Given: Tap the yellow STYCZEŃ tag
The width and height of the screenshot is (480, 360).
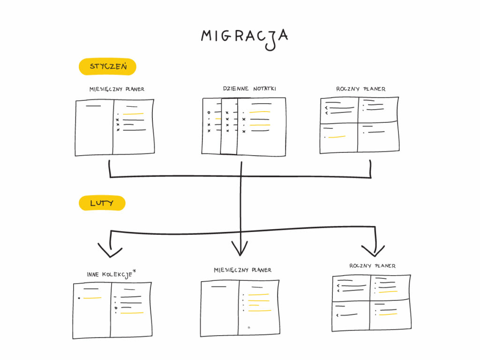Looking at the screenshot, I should point(107,67).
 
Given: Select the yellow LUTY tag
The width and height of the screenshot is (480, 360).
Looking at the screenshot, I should point(102,203).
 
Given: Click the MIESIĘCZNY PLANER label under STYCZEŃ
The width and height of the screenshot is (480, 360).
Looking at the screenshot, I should point(117,89).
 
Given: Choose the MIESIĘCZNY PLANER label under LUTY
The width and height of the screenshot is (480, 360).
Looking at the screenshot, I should point(242,270).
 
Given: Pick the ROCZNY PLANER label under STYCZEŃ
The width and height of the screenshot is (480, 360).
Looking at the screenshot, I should point(360,89).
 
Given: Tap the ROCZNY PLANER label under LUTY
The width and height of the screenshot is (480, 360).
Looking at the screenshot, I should point(372,266).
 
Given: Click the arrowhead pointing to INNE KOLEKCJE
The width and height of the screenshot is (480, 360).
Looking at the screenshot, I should point(110,251).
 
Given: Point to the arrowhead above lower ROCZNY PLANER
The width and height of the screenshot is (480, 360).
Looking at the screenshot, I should point(373,250).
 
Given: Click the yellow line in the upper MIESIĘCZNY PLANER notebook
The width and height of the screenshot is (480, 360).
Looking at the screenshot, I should point(133,114).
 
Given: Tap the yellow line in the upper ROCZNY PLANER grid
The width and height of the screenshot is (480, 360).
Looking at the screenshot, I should point(337,137).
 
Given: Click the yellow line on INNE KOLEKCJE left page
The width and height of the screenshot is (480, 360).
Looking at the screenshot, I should point(92,298).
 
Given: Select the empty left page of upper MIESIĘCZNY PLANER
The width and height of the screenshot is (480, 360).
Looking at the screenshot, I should point(94,129).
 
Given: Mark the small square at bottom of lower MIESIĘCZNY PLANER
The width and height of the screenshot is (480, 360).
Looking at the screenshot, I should point(249,328).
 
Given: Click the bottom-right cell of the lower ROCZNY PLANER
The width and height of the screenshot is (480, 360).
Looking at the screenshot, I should point(390,315).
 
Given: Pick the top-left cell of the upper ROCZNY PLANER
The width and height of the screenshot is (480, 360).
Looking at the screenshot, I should point(338,111).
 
